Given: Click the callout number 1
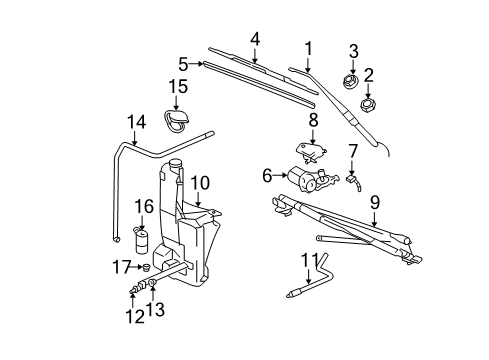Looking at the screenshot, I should tap(308, 47).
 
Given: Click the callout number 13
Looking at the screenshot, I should tap(153, 309).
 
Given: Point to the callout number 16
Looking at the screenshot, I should tap(143, 207).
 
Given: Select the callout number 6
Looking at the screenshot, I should tap(267, 175).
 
